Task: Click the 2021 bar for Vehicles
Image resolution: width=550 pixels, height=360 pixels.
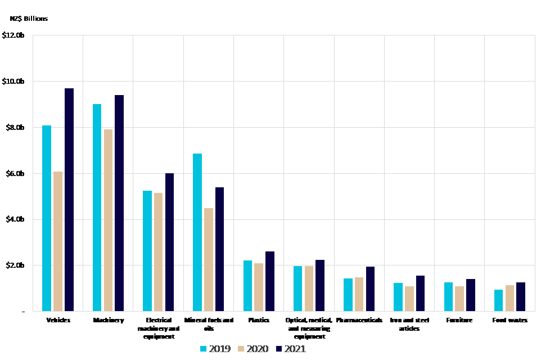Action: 69,200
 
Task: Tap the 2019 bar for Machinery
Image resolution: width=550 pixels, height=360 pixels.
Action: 97,208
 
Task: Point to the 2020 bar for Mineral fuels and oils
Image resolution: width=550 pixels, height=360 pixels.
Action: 208,259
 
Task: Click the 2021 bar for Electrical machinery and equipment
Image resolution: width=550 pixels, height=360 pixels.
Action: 169,242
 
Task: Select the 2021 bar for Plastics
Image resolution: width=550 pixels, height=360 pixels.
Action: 270,281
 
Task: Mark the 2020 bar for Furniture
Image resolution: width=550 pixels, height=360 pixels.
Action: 459,298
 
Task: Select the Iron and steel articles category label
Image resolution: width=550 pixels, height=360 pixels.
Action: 409,324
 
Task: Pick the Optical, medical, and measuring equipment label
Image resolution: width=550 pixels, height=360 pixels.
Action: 309,328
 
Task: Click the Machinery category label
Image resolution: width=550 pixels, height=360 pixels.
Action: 108,320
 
